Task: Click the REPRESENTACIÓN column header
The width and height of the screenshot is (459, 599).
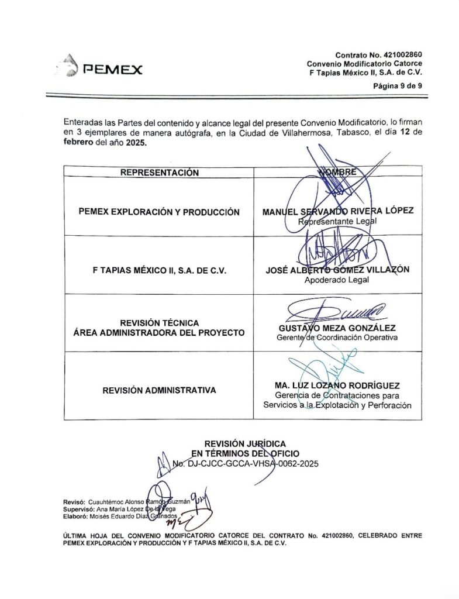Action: pyautogui.click(x=159, y=173)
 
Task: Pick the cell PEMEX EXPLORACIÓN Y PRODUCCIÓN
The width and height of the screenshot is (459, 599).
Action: pyautogui.click(x=159, y=212)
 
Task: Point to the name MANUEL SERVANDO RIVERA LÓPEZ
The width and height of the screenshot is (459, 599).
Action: pyautogui.click(x=338, y=211)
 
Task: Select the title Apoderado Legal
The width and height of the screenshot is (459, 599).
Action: pyautogui.click(x=337, y=280)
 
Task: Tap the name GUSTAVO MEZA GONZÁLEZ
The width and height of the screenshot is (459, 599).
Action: pyautogui.click(x=337, y=328)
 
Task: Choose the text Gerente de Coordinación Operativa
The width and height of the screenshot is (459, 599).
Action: pyautogui.click(x=337, y=338)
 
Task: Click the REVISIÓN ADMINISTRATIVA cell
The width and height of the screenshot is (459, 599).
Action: pyautogui.click(x=159, y=390)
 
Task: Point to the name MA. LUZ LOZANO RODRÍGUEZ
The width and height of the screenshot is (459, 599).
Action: pyautogui.click(x=337, y=385)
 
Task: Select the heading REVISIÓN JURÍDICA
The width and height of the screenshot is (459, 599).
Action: pyautogui.click(x=245, y=444)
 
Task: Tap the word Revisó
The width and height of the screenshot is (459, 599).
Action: pyautogui.click(x=74, y=502)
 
